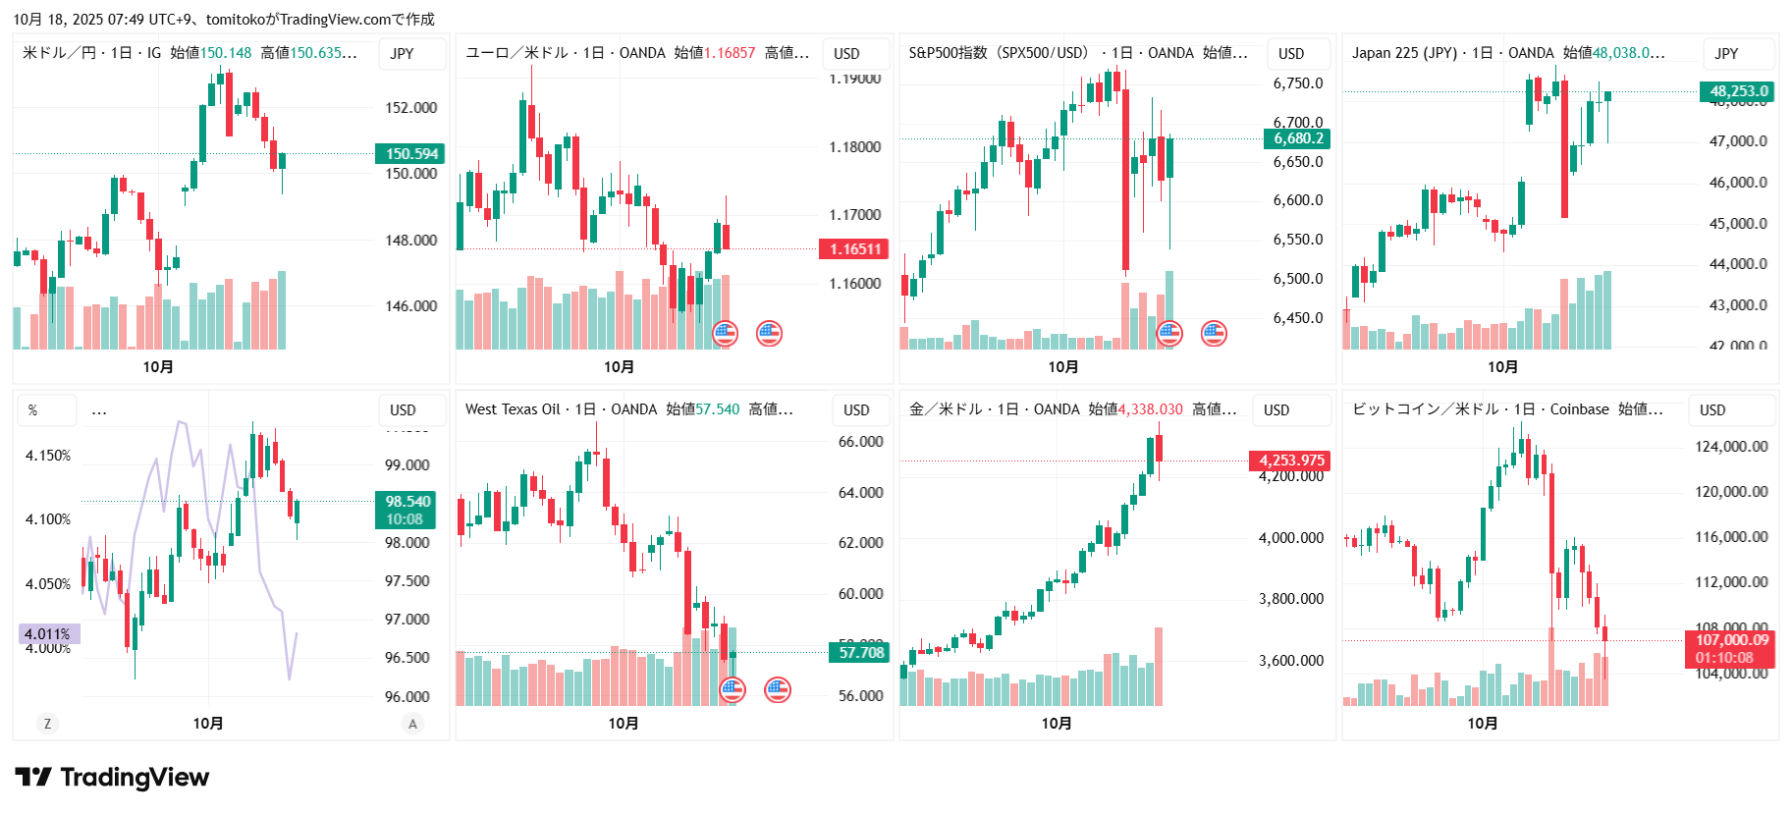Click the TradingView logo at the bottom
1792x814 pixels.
tap(112, 778)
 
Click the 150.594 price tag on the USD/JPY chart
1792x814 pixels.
tap(410, 154)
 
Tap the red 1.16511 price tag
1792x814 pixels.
tap(854, 249)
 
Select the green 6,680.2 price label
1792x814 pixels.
tap(1298, 138)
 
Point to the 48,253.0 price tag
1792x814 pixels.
tap(1738, 91)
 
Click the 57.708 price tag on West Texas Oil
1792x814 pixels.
tap(861, 652)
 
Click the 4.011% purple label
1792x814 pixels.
tap(48, 634)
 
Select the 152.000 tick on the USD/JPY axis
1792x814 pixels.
tap(410, 108)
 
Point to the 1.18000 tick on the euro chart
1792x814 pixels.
tap(854, 147)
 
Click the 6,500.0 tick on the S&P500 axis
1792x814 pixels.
tap(1298, 279)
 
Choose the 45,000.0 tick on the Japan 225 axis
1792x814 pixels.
tap(1738, 224)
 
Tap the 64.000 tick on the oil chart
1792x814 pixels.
tap(860, 493)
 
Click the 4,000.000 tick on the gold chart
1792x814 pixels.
tap(1291, 538)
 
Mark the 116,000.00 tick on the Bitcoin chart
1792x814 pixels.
tap(1732, 537)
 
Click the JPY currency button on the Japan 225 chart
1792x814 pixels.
tap(1726, 54)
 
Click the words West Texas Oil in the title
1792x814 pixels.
tap(512, 409)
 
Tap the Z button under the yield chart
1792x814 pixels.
tap(47, 724)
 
